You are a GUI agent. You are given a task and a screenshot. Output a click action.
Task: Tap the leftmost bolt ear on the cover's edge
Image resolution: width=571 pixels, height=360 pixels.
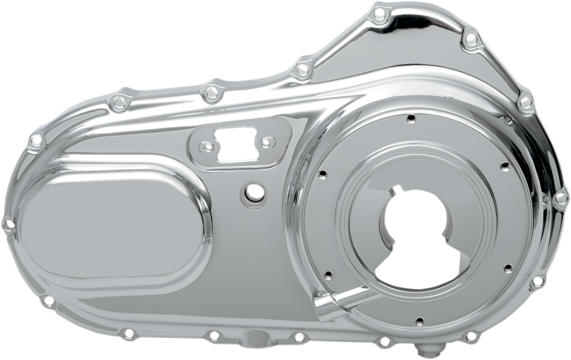(7, 222)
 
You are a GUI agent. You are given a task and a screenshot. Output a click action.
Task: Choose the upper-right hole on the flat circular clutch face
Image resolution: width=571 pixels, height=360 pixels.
(503, 166)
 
